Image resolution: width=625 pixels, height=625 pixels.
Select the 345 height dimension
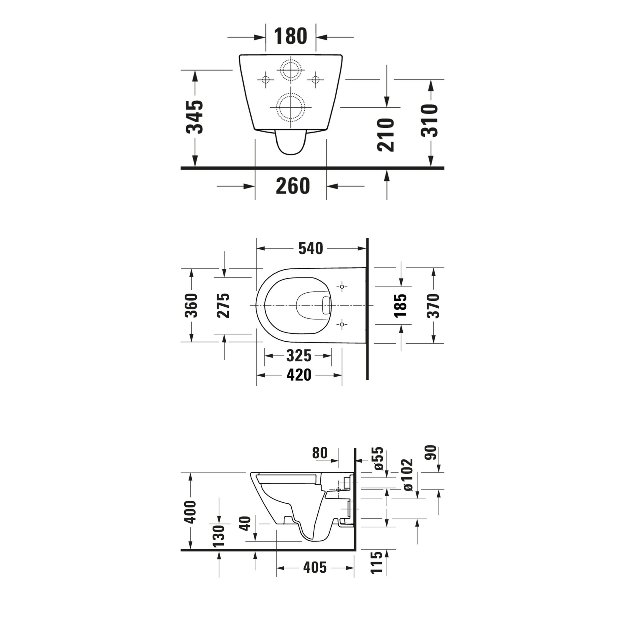point(195,117)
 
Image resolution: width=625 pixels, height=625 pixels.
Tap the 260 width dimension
point(293,186)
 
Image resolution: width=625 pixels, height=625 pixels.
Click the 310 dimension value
point(430,120)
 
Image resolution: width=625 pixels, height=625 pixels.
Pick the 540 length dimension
point(310,248)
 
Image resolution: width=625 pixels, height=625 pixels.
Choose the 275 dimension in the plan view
point(223,306)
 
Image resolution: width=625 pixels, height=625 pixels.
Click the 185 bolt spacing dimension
point(401,306)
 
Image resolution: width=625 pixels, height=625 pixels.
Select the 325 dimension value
point(298,356)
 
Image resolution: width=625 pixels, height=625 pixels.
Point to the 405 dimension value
point(315,567)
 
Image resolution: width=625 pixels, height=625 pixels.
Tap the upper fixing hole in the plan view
point(341,286)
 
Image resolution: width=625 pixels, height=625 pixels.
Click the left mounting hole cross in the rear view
point(265,79)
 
